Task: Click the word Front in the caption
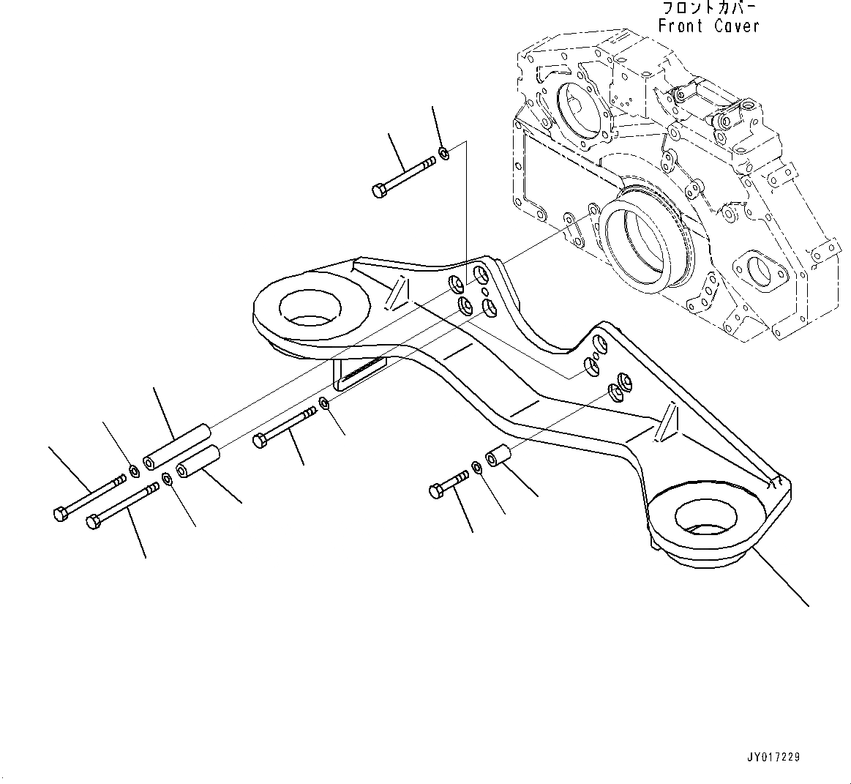(x=681, y=26)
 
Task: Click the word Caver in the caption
(x=738, y=26)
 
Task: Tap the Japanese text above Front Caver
(x=709, y=8)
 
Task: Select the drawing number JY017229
(x=773, y=757)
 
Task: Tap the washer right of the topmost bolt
(x=443, y=154)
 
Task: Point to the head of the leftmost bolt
(x=60, y=514)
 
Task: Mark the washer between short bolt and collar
(x=476, y=467)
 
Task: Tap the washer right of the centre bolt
(x=325, y=404)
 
